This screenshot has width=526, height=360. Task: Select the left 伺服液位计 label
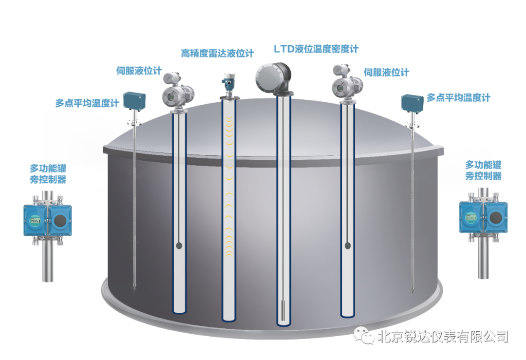coord(139,70)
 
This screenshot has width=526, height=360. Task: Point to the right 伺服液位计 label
coord(387,73)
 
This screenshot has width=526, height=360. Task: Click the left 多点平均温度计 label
coord(86,103)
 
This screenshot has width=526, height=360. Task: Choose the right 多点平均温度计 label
coord(458,97)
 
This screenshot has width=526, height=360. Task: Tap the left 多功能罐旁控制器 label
coord(48,173)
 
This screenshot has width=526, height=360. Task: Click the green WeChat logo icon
coord(364,336)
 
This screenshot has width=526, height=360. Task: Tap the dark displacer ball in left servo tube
coord(179,246)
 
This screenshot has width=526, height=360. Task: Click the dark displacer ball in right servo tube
coord(347,246)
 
